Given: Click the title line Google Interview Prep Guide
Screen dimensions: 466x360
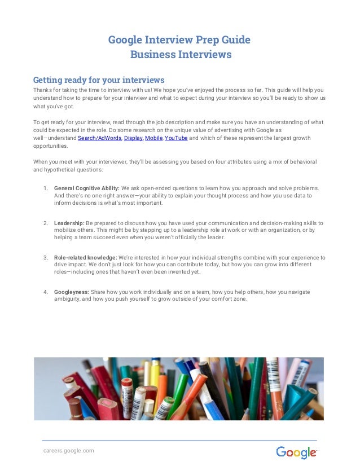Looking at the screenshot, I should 179,41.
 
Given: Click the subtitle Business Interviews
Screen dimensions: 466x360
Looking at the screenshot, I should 181,55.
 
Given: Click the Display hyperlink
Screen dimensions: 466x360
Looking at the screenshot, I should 133,138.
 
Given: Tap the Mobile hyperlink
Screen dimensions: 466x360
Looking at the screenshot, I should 153,138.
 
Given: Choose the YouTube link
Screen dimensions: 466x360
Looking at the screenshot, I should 175,138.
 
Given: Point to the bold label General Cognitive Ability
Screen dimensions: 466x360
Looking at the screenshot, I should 86,188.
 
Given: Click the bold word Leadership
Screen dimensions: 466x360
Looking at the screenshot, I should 69,223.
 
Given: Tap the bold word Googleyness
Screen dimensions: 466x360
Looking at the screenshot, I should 72,292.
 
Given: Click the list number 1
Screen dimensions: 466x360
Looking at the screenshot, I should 45,188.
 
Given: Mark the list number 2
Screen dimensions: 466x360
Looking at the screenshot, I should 45,223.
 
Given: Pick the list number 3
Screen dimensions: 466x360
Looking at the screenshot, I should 45,258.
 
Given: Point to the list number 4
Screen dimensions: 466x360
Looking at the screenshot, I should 45,292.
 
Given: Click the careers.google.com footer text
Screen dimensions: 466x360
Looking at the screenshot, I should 69,450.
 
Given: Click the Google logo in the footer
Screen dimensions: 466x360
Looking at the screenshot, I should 296,452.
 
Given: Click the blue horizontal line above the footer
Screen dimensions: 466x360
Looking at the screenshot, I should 179,440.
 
